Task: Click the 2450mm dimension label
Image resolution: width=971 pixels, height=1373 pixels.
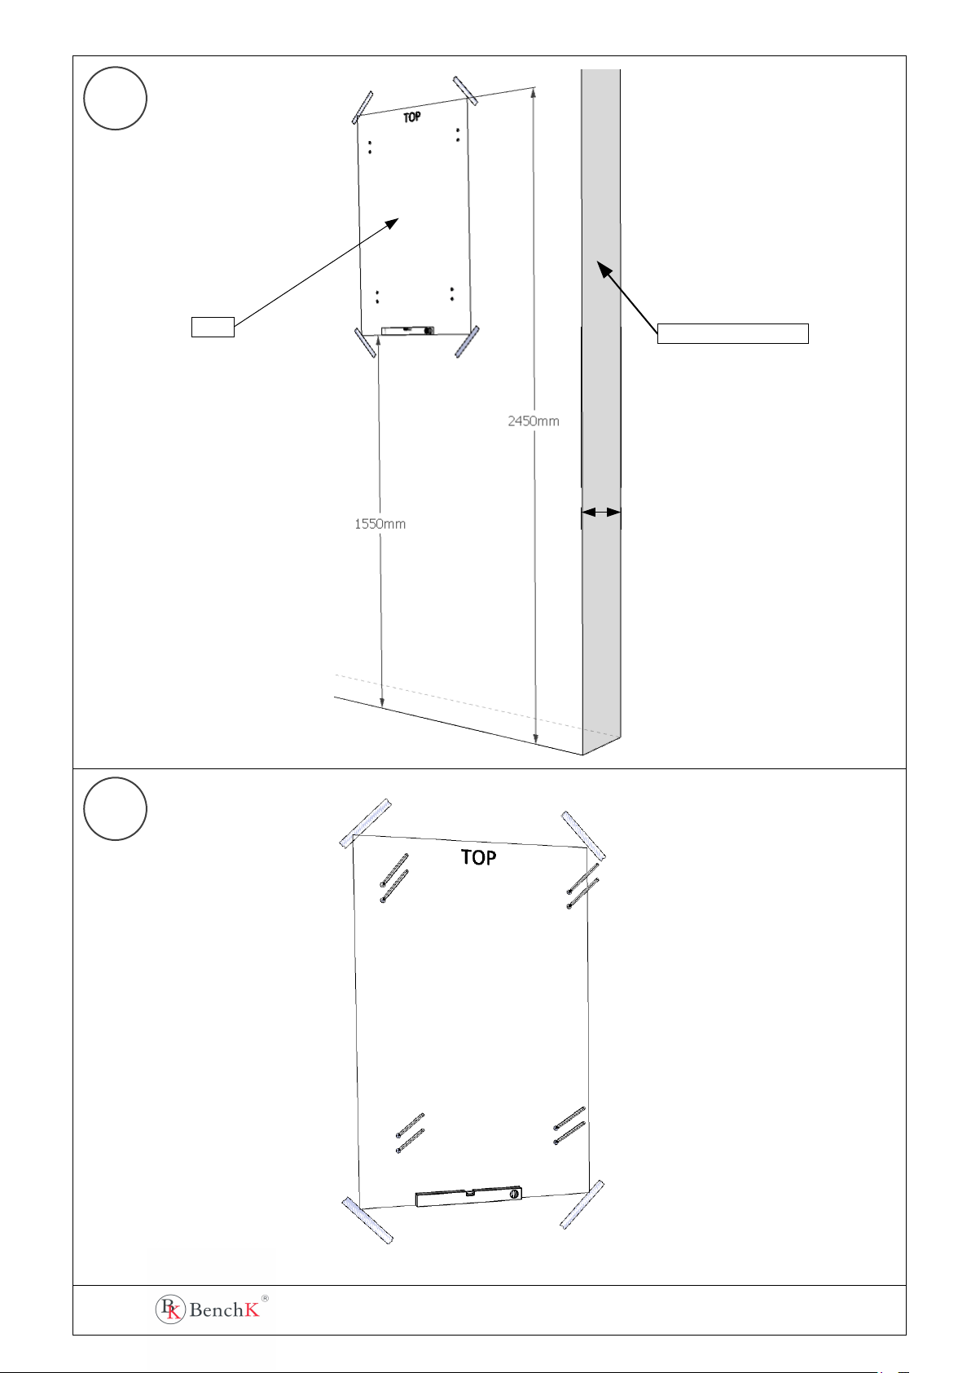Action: (x=533, y=421)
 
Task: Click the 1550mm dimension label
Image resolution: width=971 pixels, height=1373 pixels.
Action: (x=380, y=524)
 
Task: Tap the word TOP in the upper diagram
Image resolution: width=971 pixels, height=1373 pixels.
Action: (x=411, y=117)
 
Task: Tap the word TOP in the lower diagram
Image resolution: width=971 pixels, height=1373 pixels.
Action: (x=478, y=857)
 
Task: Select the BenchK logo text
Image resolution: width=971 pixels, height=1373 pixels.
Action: (x=224, y=1310)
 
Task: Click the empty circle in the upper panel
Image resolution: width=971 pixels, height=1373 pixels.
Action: (x=115, y=98)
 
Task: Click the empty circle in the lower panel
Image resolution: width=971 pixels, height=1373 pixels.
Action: (x=115, y=808)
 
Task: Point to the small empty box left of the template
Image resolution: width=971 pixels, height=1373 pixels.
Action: (x=213, y=327)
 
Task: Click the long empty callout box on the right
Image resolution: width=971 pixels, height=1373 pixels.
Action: (x=732, y=333)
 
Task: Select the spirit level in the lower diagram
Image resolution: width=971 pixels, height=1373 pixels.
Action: (x=468, y=1196)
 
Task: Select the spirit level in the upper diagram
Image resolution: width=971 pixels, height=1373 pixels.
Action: (x=408, y=331)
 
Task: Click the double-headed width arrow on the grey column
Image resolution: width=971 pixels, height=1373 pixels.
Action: (x=601, y=512)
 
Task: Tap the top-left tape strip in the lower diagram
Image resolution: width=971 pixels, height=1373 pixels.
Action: (x=366, y=823)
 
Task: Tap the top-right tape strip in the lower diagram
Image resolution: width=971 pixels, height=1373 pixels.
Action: (x=583, y=836)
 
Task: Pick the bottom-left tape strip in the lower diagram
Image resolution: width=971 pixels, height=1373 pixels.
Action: (x=367, y=1220)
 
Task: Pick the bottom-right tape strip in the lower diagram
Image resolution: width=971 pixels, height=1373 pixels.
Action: (x=582, y=1205)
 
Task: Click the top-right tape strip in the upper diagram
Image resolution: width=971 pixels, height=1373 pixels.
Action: (x=466, y=90)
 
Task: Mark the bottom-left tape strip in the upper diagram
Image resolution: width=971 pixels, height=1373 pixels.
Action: (x=365, y=342)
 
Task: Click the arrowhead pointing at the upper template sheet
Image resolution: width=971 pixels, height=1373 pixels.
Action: (x=391, y=223)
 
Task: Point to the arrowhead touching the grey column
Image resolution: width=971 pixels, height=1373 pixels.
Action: (x=604, y=268)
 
